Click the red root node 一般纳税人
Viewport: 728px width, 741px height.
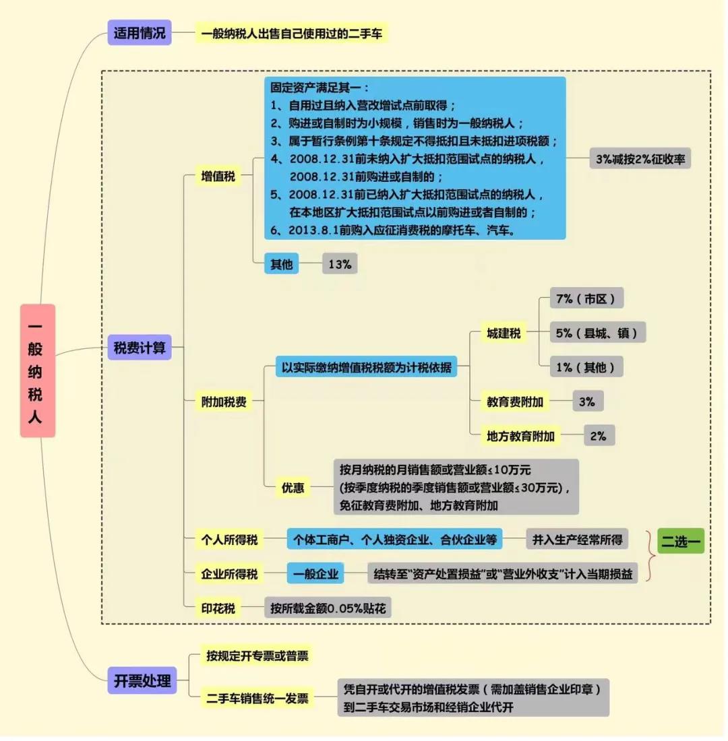pos(37,370)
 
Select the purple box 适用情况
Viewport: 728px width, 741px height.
pos(140,33)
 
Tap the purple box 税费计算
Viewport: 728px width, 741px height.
pos(140,348)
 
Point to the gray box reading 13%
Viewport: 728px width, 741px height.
pos(340,264)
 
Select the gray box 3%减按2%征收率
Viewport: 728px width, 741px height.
pos(640,159)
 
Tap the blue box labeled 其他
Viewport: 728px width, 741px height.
pos(281,264)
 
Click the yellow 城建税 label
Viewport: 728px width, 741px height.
pos(504,333)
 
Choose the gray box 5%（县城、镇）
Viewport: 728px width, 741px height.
pos(597,333)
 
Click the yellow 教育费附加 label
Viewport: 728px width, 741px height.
pos(515,402)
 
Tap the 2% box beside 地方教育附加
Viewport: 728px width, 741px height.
pos(599,436)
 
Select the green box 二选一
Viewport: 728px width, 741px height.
pos(680,542)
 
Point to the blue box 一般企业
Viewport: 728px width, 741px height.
pos(315,575)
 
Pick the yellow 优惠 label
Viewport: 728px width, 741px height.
pos(293,488)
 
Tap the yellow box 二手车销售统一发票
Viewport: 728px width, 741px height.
pos(257,699)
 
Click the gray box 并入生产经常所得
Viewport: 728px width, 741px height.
pos(577,540)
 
